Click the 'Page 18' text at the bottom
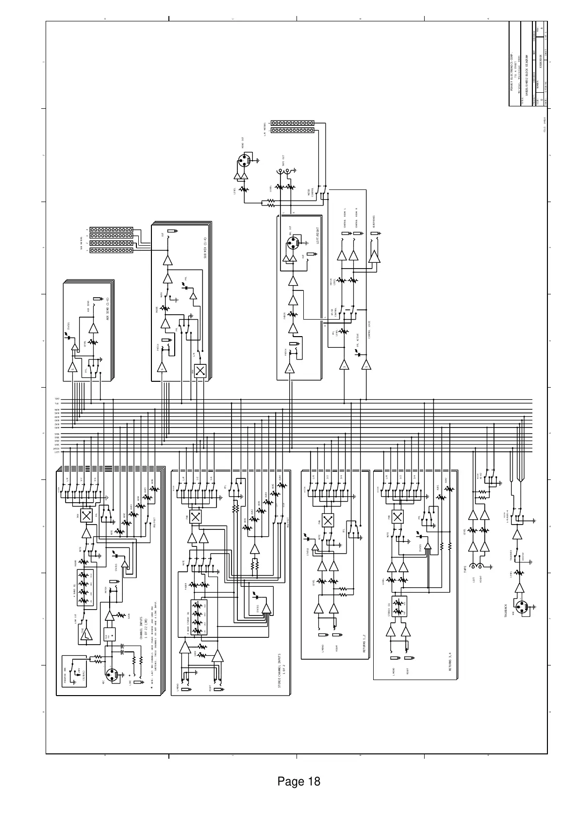coord(298,782)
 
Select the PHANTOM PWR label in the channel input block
coord(65,674)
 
